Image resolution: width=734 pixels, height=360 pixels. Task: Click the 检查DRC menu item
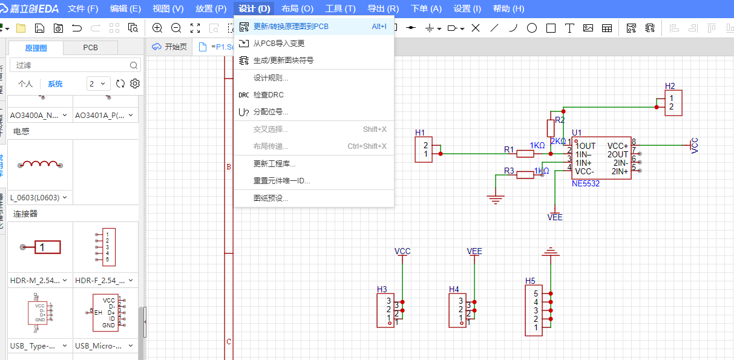pyautogui.click(x=268, y=95)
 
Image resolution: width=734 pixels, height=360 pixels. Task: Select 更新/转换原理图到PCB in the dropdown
pyautogui.click(x=290, y=27)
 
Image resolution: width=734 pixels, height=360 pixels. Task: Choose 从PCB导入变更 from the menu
pyautogui.click(x=278, y=44)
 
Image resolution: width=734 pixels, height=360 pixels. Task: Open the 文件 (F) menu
pyautogui.click(x=83, y=9)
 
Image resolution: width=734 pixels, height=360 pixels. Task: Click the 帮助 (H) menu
pyautogui.click(x=508, y=9)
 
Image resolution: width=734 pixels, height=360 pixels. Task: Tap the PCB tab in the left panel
pyautogui.click(x=90, y=48)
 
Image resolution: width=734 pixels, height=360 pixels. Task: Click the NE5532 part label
pyautogui.click(x=585, y=183)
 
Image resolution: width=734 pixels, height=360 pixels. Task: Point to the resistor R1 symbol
pyautogui.click(x=525, y=154)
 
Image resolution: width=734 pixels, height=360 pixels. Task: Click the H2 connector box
pyautogui.click(x=672, y=103)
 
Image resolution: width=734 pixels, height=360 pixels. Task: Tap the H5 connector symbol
pyautogui.click(x=536, y=310)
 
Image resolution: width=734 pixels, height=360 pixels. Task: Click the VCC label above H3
pyautogui.click(x=402, y=251)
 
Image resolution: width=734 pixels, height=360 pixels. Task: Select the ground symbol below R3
pyautogui.click(x=496, y=197)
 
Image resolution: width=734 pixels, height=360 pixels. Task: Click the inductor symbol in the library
pyautogui.click(x=39, y=165)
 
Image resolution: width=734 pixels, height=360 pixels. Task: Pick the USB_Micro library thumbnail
pyautogui.click(x=105, y=313)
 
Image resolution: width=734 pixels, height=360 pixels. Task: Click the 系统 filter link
pyautogui.click(x=55, y=84)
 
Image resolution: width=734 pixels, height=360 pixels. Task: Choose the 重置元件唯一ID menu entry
pyautogui.click(x=281, y=181)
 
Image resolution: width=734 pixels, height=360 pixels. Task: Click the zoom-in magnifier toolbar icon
pyautogui.click(x=157, y=28)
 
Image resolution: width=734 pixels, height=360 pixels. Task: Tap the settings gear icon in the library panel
pyautogui.click(x=135, y=84)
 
